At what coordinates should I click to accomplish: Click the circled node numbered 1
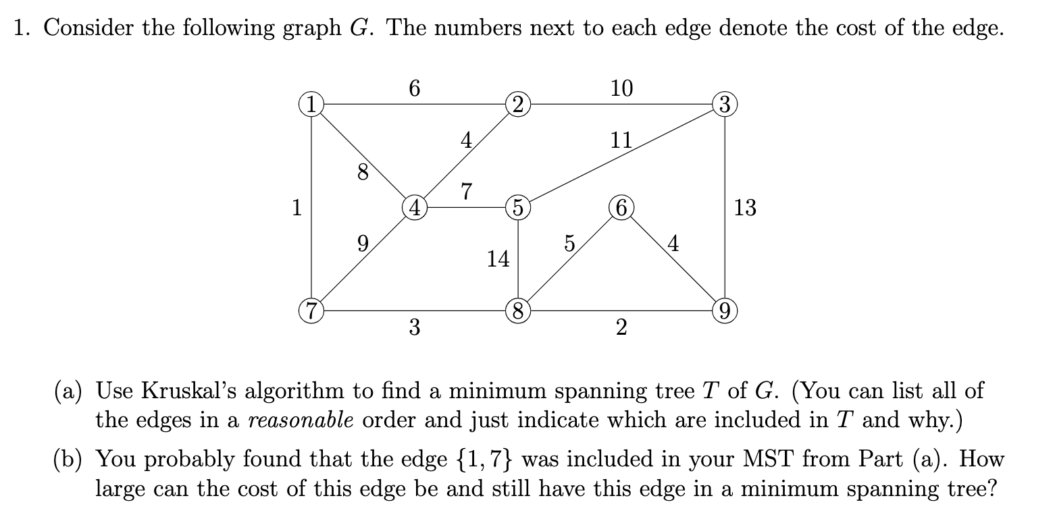tap(311, 105)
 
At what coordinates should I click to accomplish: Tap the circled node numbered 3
tap(724, 105)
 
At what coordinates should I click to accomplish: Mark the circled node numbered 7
tap(311, 311)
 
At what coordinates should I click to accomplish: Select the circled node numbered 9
tap(724, 311)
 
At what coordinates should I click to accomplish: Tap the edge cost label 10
tap(621, 88)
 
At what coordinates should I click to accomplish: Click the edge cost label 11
tap(621, 140)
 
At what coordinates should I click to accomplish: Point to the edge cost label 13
tap(745, 208)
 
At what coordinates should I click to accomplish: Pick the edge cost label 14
tap(498, 258)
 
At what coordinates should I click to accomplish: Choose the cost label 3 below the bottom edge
tap(414, 329)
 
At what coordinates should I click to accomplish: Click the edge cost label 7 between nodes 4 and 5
tap(465, 191)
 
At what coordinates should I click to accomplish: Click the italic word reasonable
tap(302, 420)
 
